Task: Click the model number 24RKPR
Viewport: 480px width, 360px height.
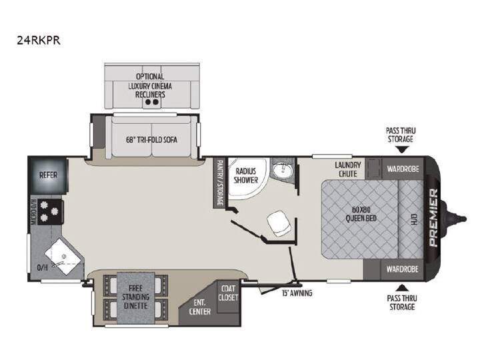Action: [38, 40]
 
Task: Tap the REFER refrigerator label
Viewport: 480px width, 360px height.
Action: [48, 175]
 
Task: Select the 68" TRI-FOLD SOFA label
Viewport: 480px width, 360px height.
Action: [151, 139]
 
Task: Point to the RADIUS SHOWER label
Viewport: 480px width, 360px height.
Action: [246, 175]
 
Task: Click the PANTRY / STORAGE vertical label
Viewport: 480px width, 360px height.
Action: [219, 183]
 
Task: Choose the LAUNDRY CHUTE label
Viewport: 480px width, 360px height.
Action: [347, 169]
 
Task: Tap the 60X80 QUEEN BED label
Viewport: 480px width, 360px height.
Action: [361, 214]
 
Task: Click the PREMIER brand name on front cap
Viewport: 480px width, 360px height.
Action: [434, 217]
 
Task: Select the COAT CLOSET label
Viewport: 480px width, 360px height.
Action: [228, 293]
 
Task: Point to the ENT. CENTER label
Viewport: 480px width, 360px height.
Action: [199, 307]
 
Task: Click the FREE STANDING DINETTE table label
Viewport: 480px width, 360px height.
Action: [135, 297]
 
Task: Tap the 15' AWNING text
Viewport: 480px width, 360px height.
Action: [297, 293]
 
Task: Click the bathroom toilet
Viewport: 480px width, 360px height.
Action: [279, 223]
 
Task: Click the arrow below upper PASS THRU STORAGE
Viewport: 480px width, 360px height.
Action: [402, 150]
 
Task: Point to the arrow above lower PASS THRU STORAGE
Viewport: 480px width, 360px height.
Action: [401, 287]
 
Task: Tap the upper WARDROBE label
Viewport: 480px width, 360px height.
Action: [403, 169]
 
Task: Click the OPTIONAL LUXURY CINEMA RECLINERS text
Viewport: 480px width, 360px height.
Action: [150, 85]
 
